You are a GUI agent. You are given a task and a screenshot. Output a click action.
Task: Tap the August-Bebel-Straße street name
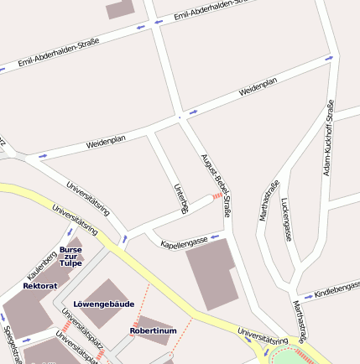(x=216, y=185)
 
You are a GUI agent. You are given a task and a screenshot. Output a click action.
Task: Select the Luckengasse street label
(x=286, y=219)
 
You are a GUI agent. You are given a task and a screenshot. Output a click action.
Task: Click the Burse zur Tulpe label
(x=71, y=255)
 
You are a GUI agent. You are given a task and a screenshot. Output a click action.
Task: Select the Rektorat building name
(x=40, y=286)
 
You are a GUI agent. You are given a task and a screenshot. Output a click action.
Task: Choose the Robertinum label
(x=153, y=330)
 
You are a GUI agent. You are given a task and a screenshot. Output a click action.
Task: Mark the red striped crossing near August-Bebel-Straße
(x=217, y=195)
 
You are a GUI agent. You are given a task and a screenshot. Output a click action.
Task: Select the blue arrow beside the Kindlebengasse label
(x=308, y=297)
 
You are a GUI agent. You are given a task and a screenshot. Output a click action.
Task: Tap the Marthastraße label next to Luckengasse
(x=268, y=200)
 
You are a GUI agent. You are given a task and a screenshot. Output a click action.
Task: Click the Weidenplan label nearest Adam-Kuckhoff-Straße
(x=258, y=86)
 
